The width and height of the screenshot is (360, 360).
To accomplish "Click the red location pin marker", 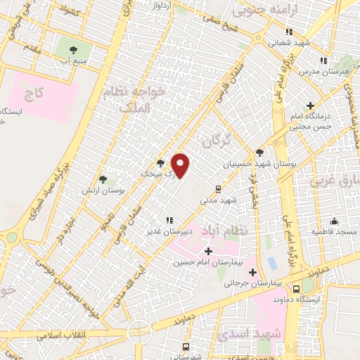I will (x=181, y=165).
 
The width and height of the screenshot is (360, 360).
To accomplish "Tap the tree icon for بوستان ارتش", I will (x=103, y=179).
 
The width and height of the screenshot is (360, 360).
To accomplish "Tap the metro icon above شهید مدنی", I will (x=219, y=188).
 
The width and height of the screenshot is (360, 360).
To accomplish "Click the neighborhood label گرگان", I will (x=217, y=141).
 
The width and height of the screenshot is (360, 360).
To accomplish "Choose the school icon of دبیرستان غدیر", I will (x=169, y=219).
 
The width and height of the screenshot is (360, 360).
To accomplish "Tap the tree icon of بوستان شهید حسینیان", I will (x=260, y=152).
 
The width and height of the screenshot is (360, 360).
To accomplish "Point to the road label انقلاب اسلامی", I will (x=67, y=334).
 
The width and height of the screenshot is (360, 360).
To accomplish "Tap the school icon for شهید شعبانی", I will (x=289, y=32).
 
